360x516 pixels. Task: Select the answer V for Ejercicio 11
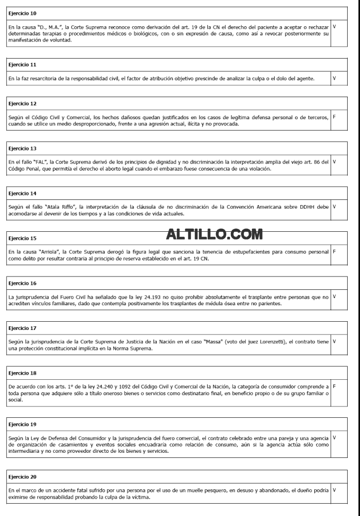(x=335, y=78)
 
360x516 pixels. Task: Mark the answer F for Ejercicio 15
(x=335, y=252)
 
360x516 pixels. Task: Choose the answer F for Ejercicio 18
(x=335, y=385)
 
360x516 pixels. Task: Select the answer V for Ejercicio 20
(x=335, y=490)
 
